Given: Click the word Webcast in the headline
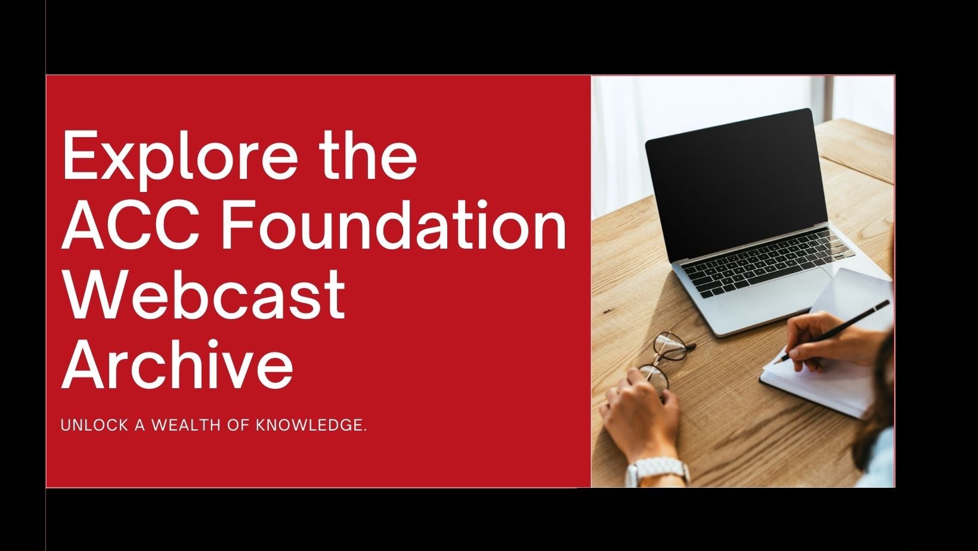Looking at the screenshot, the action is pos(205,295).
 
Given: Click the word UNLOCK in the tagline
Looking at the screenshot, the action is pos(94,425).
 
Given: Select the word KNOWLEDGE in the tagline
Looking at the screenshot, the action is pos(311,425).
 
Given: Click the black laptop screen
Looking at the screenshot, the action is pos(736,184).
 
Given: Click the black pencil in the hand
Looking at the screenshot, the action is pos(832,331).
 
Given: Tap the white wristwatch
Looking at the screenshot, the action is pos(658,472).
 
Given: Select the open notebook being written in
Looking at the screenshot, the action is pos(827,345).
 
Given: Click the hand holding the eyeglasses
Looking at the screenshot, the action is pos(640,415).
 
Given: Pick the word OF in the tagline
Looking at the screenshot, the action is pos(239,425).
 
